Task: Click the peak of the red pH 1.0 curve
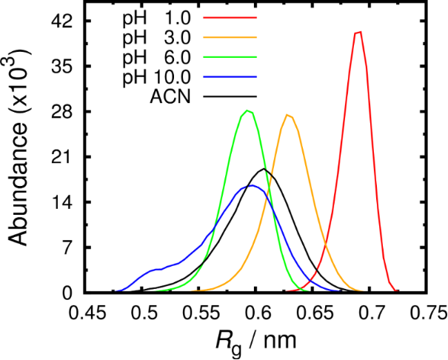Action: click(x=359, y=32)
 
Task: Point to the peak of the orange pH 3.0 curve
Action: click(x=289, y=115)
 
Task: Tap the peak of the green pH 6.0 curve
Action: click(x=249, y=111)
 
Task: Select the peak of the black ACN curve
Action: click(x=264, y=170)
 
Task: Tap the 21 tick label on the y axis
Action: click(x=60, y=157)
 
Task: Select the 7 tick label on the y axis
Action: click(x=65, y=247)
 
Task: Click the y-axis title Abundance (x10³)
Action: click(x=20, y=147)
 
